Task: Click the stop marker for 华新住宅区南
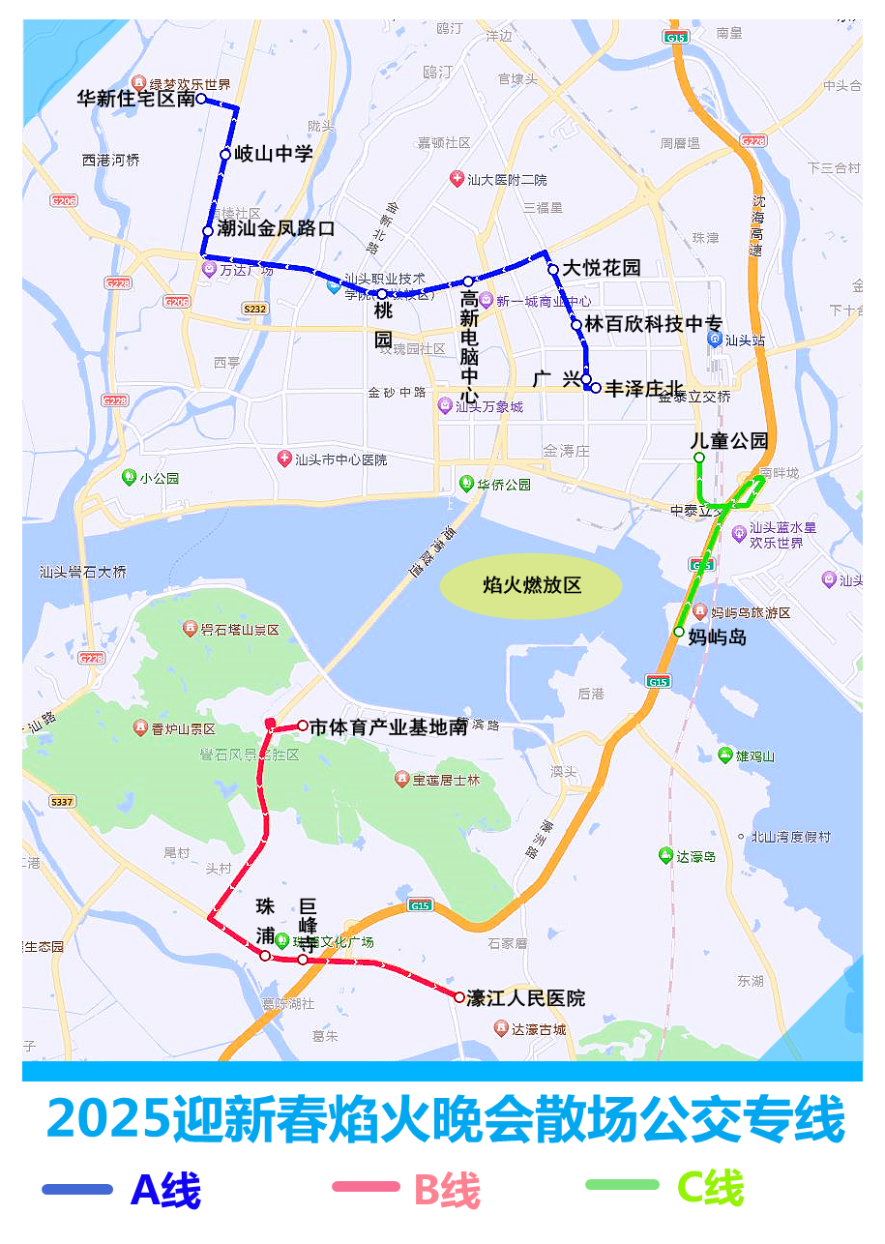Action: coord(201,99)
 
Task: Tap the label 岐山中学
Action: coord(274,154)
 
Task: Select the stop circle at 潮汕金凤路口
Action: coord(208,231)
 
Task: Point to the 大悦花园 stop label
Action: coord(602,268)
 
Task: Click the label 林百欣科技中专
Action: coord(654,324)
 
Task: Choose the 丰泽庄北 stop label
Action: coord(644,388)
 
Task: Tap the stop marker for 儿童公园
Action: coord(699,458)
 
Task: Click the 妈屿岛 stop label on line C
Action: coord(718,637)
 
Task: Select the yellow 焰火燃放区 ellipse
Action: coord(532,585)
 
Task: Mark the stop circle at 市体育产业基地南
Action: coord(303,726)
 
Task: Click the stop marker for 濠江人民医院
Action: coord(459,996)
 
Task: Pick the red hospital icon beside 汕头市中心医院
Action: coord(284,459)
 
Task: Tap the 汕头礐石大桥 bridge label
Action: coord(83,572)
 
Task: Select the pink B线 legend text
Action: coord(447,1189)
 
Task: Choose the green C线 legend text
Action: coord(710,1187)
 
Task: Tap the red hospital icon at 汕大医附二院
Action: coord(457,179)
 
